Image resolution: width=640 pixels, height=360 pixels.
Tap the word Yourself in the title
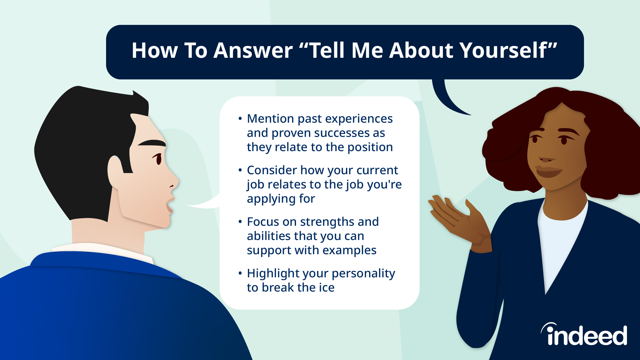point(503,50)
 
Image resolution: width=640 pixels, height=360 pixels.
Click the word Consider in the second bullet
point(272,170)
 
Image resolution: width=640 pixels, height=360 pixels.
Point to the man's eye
point(158,159)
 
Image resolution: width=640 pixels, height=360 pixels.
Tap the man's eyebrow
point(152,143)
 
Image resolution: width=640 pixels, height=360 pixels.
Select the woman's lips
point(548,172)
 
